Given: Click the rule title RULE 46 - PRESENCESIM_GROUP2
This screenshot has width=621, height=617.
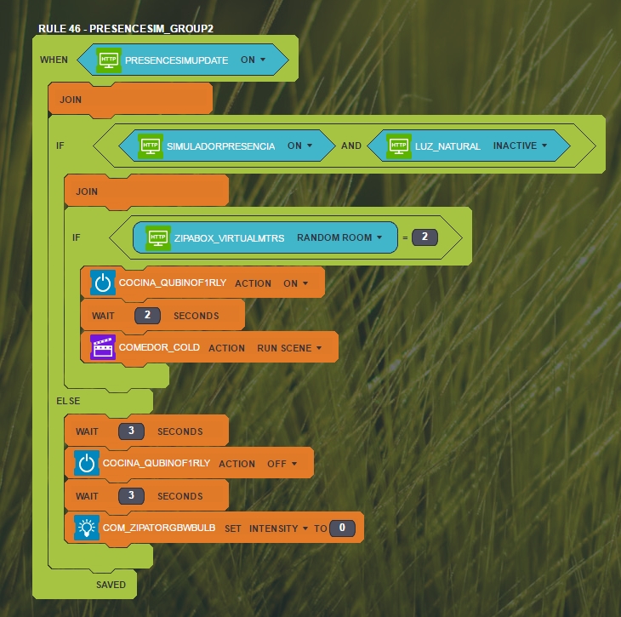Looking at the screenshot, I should (125, 28).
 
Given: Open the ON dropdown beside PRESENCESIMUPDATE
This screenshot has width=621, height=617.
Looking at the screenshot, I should (254, 60).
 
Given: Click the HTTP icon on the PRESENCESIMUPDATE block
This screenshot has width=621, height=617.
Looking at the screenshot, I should (109, 60).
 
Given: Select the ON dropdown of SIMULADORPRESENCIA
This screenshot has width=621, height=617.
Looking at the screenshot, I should (299, 146).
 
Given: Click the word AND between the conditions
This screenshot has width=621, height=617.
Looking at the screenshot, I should (351, 146).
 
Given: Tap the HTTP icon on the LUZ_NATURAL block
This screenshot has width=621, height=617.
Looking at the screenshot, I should (399, 146).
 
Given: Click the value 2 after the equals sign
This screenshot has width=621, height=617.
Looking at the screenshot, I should (424, 237).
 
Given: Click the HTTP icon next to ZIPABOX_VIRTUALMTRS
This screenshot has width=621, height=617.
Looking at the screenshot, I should (157, 237).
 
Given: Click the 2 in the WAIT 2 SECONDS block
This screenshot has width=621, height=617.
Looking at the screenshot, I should (147, 316).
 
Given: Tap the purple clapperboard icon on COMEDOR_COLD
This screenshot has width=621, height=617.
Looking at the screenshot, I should (103, 347).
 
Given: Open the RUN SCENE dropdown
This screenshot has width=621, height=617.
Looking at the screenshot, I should (290, 348).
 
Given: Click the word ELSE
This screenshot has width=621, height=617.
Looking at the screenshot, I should (68, 400).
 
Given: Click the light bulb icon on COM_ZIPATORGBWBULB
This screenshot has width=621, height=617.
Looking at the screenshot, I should (86, 528).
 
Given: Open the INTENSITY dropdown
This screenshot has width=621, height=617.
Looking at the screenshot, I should (279, 528).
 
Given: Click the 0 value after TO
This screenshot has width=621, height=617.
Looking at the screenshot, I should (342, 528).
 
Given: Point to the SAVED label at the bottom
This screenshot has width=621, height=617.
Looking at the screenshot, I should (111, 585).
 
